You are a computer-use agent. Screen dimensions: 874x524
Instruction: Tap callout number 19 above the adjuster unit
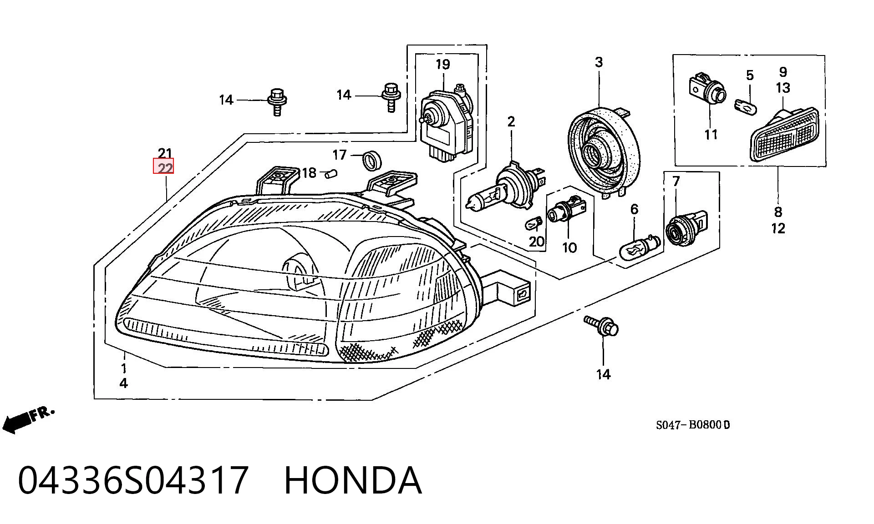pos(442,64)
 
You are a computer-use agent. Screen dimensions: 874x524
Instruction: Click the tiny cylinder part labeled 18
pos(331,173)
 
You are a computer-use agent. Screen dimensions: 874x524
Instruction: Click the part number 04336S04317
pos(133,480)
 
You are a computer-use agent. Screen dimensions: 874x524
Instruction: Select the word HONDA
pos(353,480)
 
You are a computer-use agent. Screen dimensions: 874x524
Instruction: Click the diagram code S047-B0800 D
pos(693,425)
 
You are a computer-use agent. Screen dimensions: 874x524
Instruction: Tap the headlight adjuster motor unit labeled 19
pos(447,122)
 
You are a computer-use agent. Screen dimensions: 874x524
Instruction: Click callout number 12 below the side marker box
pos(778,228)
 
